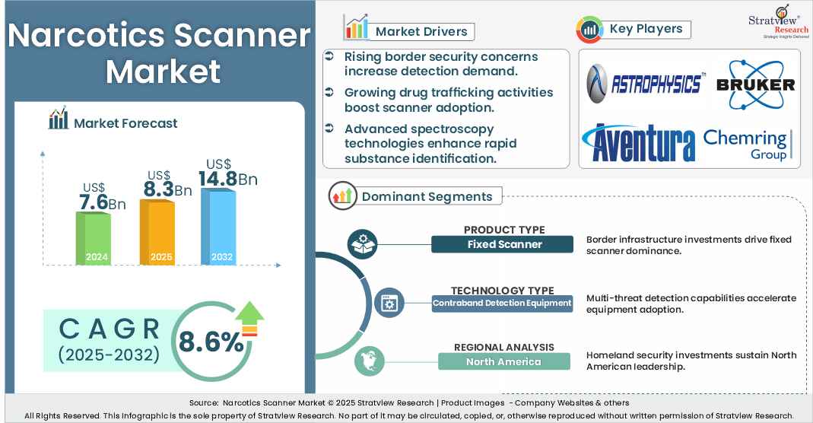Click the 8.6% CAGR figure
pos(211,342)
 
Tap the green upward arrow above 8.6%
pos(249,317)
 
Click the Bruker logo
pos(755,83)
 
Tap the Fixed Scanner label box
pos(502,244)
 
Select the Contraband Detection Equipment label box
pos(502,303)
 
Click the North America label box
pos(503,361)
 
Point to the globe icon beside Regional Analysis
pos(367,361)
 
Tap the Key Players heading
pos(646,29)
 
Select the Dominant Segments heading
pos(427,196)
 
